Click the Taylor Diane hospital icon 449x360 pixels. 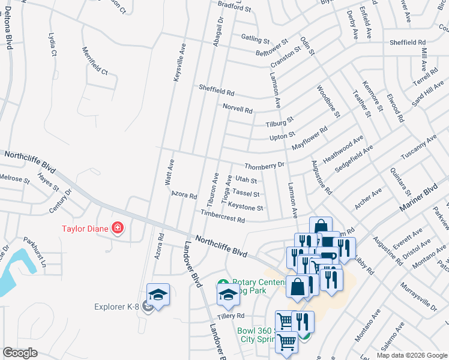118,228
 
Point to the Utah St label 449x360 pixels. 246,179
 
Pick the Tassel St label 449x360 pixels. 246,194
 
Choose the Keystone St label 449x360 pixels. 246,208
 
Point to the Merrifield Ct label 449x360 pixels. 95,61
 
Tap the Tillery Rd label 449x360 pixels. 231,316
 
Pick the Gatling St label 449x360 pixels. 255,40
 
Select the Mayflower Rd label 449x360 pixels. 310,139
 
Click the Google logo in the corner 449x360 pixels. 20,352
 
